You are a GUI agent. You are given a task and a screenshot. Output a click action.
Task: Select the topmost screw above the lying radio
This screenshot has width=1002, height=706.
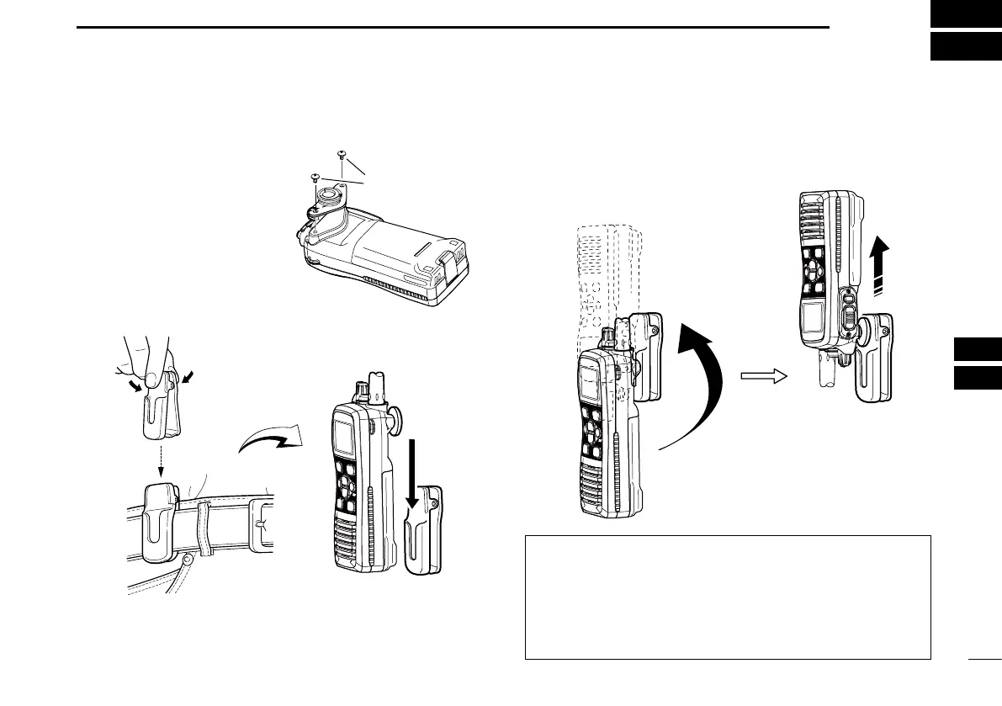[x=342, y=154]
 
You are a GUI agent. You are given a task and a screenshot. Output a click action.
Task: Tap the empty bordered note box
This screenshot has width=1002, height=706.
[x=727, y=597]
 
